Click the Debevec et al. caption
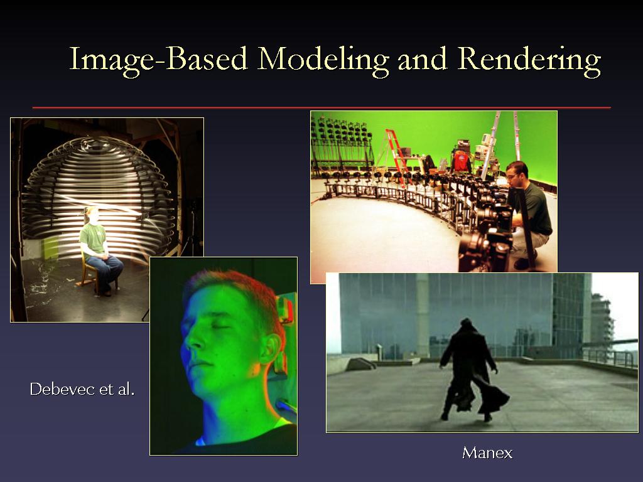(82, 389)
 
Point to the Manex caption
(487, 453)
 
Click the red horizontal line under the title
(321, 108)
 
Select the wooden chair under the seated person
(91, 271)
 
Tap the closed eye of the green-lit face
(222, 326)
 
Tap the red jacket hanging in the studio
(462, 161)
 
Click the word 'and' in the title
(423, 59)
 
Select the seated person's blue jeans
(105, 270)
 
